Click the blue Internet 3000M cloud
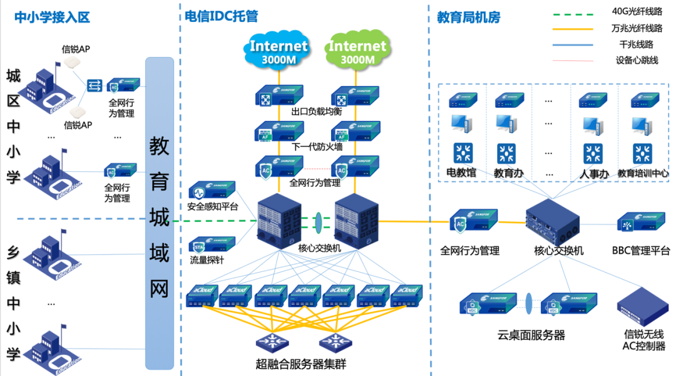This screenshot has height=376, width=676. pos(279,51)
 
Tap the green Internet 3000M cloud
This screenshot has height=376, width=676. pos(357,51)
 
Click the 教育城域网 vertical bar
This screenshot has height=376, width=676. pos(159,213)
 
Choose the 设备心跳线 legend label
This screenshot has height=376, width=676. pos(637,61)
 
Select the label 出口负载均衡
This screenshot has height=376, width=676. pos(316,112)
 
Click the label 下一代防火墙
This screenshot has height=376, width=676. pos(317,147)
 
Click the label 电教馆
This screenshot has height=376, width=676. pos(463,172)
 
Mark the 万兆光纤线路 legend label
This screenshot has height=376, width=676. pos(637,28)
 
